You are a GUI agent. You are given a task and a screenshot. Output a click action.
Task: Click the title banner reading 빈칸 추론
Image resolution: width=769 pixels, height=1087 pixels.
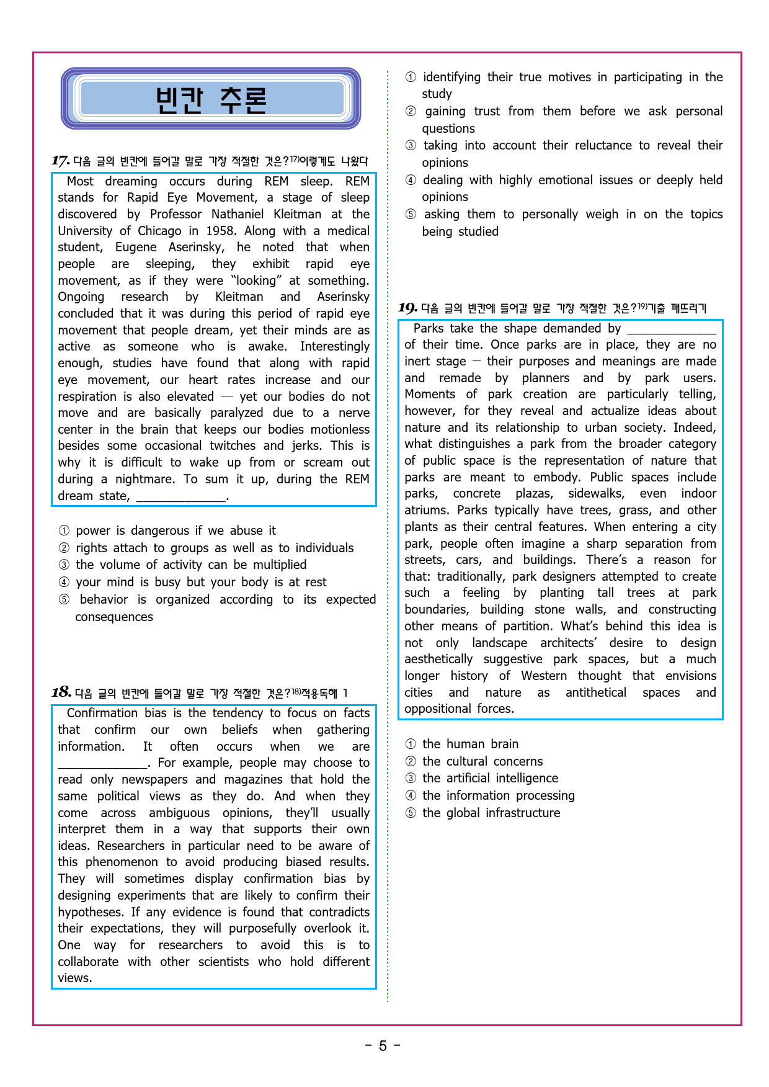(x=211, y=99)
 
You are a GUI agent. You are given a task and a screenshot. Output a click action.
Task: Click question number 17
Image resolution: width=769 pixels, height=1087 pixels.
(x=60, y=161)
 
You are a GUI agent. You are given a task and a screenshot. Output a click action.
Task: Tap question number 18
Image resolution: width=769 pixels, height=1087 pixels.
(x=61, y=692)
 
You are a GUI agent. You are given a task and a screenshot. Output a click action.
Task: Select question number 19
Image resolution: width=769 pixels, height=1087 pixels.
(x=407, y=308)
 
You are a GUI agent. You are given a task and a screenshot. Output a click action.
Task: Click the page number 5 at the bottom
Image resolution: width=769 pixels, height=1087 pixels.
(x=383, y=1046)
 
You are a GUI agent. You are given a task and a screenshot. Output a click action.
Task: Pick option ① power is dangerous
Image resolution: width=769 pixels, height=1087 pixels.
(x=167, y=530)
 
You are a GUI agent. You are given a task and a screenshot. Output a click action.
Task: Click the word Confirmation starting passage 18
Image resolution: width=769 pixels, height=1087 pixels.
(x=102, y=713)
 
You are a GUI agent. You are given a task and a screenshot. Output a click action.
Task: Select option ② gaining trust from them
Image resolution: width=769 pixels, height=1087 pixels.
(x=564, y=112)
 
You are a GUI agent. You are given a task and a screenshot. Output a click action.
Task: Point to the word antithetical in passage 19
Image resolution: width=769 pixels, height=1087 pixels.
(x=595, y=692)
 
